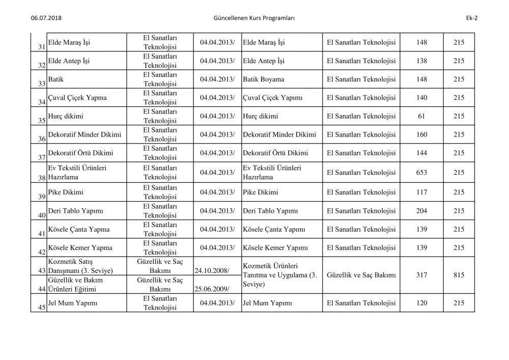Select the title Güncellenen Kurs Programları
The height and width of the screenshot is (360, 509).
point(255,18)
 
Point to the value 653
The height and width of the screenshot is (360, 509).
point(421,173)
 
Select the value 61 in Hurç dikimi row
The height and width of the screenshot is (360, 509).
point(421,117)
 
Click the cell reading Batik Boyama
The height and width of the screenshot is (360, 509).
point(264,79)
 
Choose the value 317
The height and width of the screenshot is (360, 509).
point(421,274)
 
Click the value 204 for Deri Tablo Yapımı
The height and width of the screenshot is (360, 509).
point(421,210)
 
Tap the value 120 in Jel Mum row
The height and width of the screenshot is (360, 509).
point(421,303)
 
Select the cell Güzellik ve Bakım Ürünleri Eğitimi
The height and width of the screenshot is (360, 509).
point(76,285)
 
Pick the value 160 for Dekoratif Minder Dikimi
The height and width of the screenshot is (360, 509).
point(421,135)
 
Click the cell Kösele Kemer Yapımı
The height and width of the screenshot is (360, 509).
point(275,247)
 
